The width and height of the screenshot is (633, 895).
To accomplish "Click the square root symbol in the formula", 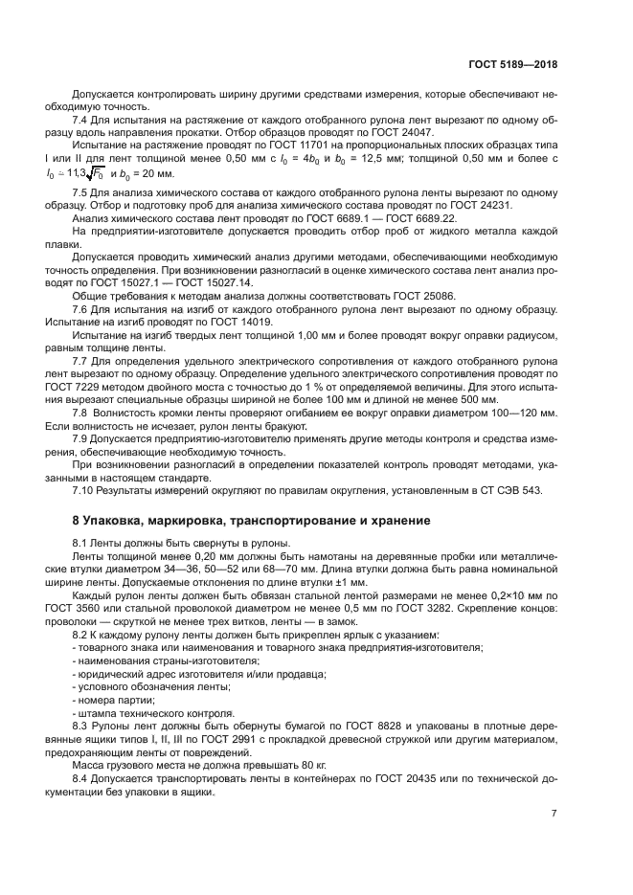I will [x=93, y=173].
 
